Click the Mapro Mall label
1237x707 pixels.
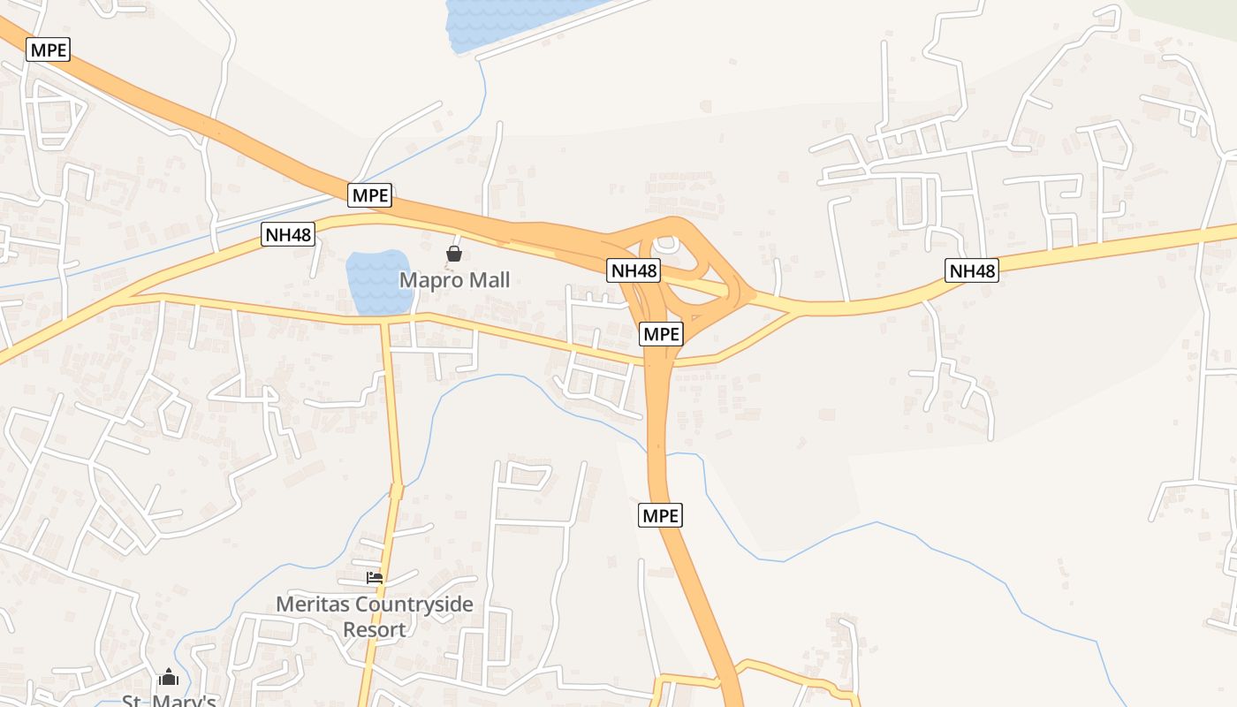click(x=455, y=280)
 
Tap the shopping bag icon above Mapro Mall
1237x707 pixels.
click(x=454, y=255)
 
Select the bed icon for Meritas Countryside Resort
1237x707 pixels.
click(x=375, y=578)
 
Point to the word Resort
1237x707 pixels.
click(x=375, y=630)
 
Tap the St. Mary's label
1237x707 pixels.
click(x=169, y=701)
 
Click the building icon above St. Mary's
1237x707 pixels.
click(x=169, y=679)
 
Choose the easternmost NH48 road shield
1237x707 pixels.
click(x=972, y=270)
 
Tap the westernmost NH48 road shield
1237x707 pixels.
click(x=288, y=234)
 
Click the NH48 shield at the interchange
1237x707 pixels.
click(x=634, y=270)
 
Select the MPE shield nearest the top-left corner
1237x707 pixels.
click(x=49, y=49)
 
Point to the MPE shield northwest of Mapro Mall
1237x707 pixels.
click(x=369, y=195)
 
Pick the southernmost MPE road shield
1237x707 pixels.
click(x=661, y=515)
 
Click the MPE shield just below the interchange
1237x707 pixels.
click(x=661, y=334)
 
